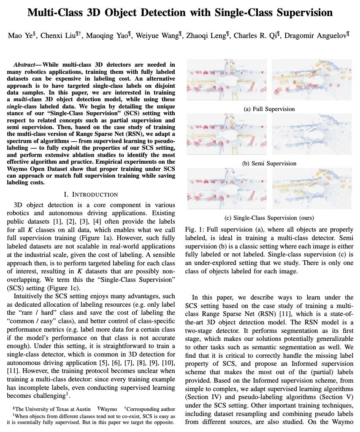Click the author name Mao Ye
pyautogui.click(x=19, y=35)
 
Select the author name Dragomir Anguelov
pyautogui.click(x=321, y=35)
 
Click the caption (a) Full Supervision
pyautogui.click(x=269, y=109)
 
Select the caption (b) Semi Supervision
pyautogui.click(x=269, y=163)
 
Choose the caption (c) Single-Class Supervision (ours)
pyautogui.click(x=269, y=218)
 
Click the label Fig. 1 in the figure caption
pyautogui.click(x=193, y=229)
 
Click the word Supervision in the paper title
pyautogui.click(x=295, y=12)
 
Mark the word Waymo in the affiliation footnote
pyautogui.click(x=109, y=408)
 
